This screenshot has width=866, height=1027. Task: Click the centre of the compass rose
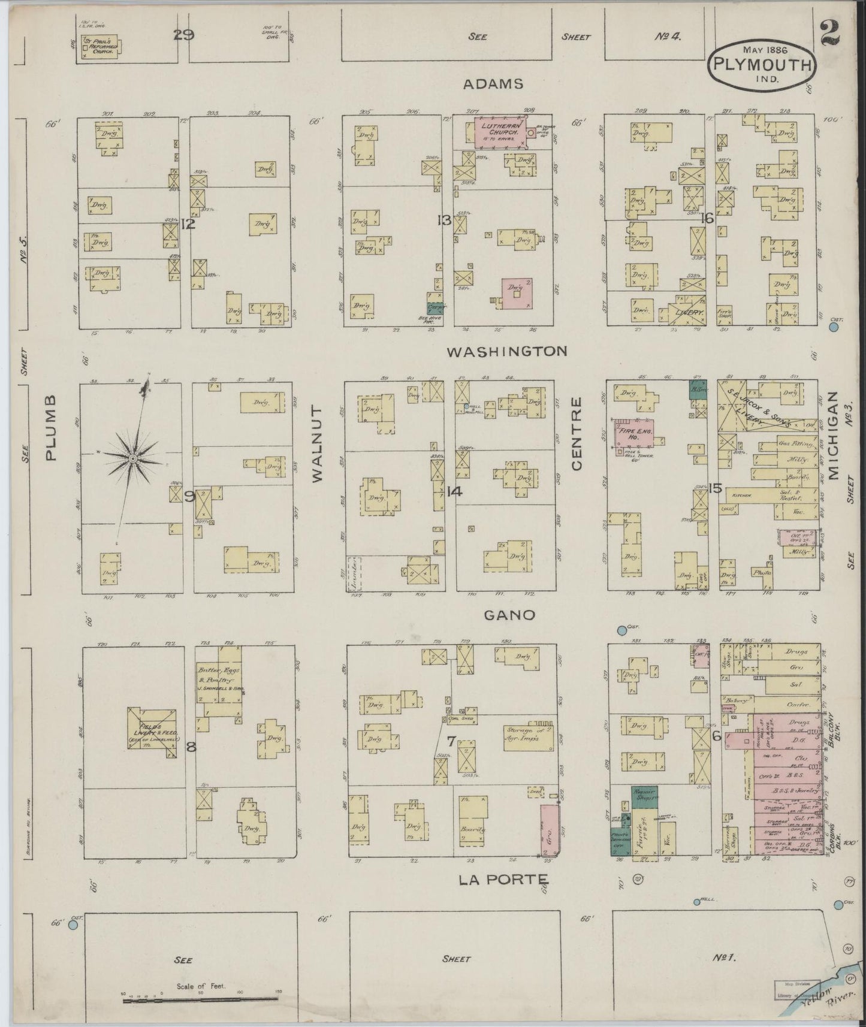pos(132,458)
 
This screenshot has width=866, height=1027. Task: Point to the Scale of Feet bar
pos(201,1001)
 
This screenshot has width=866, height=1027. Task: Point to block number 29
pos(183,35)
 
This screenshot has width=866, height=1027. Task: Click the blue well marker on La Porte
pos(697,902)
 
